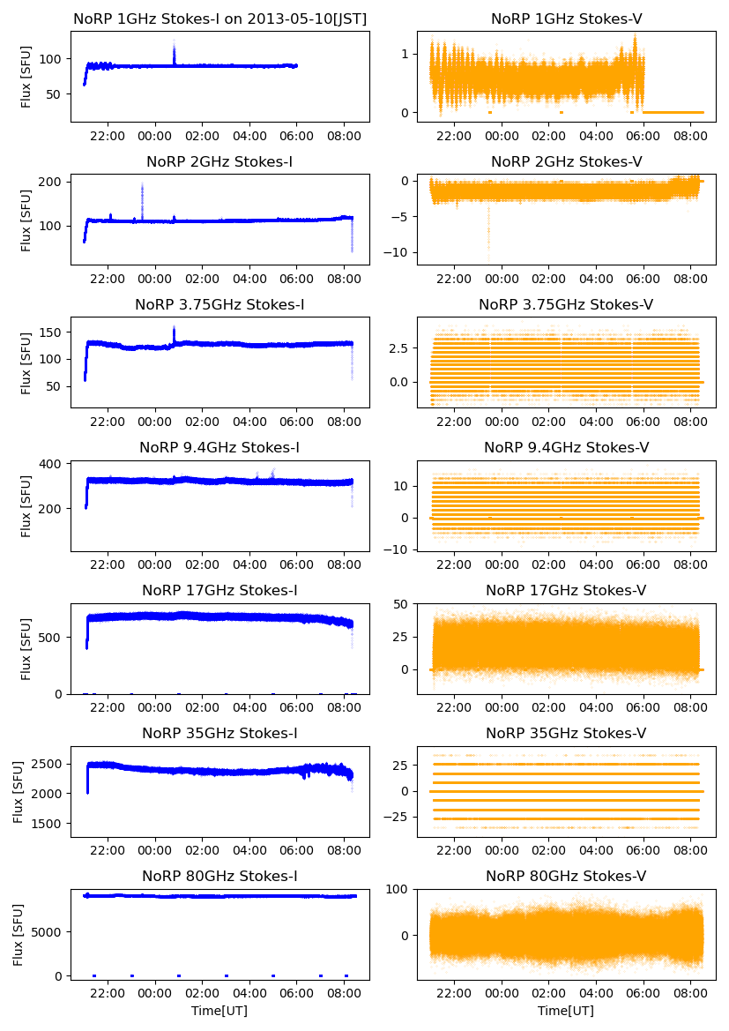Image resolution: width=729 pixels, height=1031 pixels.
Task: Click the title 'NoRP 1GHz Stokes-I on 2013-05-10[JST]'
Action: pyautogui.click(x=219, y=19)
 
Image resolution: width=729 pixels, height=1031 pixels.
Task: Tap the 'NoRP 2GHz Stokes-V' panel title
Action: pyautogui.click(x=566, y=161)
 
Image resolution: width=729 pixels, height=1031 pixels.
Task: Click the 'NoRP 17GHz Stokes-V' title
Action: pyautogui.click(x=566, y=590)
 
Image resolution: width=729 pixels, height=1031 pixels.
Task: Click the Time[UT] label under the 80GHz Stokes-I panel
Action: pyautogui.click(x=219, y=1011)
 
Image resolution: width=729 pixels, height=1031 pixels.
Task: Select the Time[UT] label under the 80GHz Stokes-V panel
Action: pyautogui.click(x=566, y=1011)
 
